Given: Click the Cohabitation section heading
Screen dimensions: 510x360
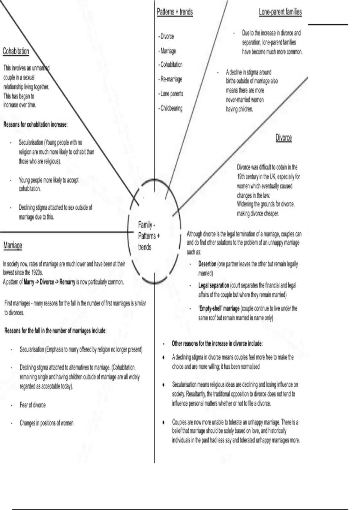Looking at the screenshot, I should tap(16, 51).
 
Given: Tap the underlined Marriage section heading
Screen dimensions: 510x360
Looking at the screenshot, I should tap(13, 245).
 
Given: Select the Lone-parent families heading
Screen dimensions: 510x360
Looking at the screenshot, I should tap(280, 12).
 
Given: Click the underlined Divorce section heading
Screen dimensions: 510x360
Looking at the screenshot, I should tap(283, 138).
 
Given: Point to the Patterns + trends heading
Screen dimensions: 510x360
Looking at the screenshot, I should tap(175, 12).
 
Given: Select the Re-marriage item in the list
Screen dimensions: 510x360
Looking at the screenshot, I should tap(171, 79).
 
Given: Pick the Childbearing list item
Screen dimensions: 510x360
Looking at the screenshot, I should tap(171, 108).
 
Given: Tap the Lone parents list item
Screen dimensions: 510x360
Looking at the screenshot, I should tap(171, 94).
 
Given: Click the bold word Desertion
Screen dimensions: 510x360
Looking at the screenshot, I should tap(207, 264).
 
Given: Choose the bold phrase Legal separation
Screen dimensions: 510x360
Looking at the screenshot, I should tap(213, 285).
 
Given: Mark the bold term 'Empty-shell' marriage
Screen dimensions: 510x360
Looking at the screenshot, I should tap(219, 308).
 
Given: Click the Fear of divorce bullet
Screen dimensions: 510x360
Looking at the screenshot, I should tap(33, 405).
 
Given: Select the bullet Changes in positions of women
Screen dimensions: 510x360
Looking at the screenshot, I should tap(46, 423).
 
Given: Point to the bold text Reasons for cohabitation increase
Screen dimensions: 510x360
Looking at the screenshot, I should tap(35, 124).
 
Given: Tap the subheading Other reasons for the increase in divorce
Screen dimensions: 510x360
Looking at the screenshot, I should tap(217, 343).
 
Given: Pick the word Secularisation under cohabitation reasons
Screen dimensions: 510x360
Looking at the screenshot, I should tap(31, 142).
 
